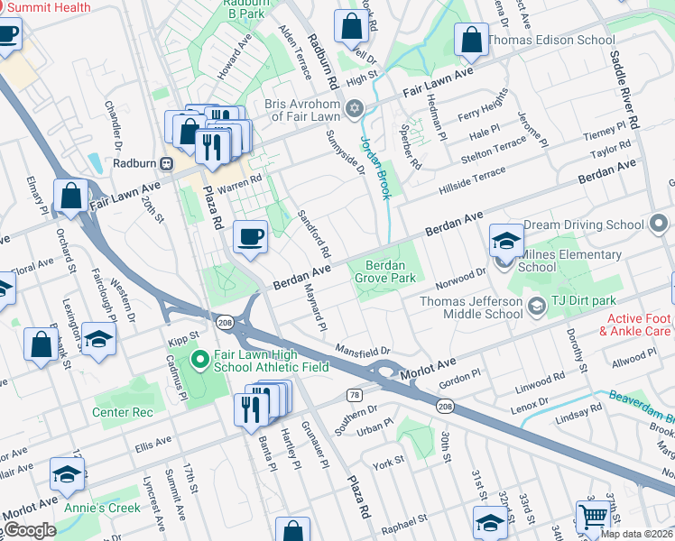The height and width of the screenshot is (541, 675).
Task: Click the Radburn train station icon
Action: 166,163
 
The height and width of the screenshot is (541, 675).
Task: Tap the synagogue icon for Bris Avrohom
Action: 355,109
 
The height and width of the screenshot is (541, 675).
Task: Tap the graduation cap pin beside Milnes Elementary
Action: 507,240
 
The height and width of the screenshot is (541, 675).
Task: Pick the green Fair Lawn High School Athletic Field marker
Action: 200,363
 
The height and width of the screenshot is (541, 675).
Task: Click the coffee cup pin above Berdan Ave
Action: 251,237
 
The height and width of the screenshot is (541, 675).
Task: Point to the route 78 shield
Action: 355,395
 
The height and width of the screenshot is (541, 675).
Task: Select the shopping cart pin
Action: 593,517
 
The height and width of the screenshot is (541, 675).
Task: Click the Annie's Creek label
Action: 102,508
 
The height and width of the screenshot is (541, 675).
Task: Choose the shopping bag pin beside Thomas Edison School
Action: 471,39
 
